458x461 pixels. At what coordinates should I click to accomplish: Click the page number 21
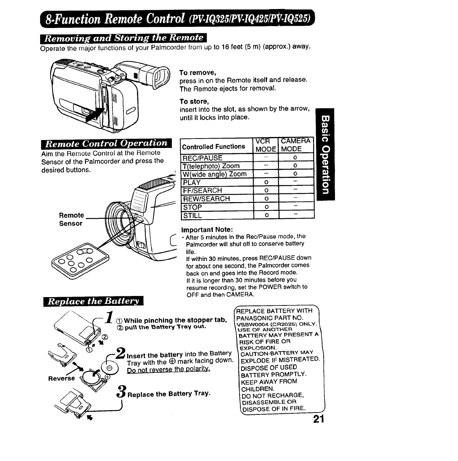pos(319,419)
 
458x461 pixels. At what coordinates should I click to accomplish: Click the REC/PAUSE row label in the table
pos(203,158)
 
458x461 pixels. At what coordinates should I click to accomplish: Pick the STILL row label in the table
pos(193,215)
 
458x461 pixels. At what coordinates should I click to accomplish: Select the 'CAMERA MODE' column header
pos(296,145)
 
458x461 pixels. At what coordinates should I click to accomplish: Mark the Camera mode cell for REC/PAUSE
pos(295,158)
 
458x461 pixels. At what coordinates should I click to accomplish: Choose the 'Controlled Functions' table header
pos(213,146)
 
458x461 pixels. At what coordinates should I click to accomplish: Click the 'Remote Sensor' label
pos(71,219)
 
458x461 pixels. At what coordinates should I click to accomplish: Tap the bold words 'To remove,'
pos(198,73)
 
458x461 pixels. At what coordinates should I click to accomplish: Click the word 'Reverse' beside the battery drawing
pos(62,378)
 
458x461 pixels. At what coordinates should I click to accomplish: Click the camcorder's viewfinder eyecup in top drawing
pos(159,78)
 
